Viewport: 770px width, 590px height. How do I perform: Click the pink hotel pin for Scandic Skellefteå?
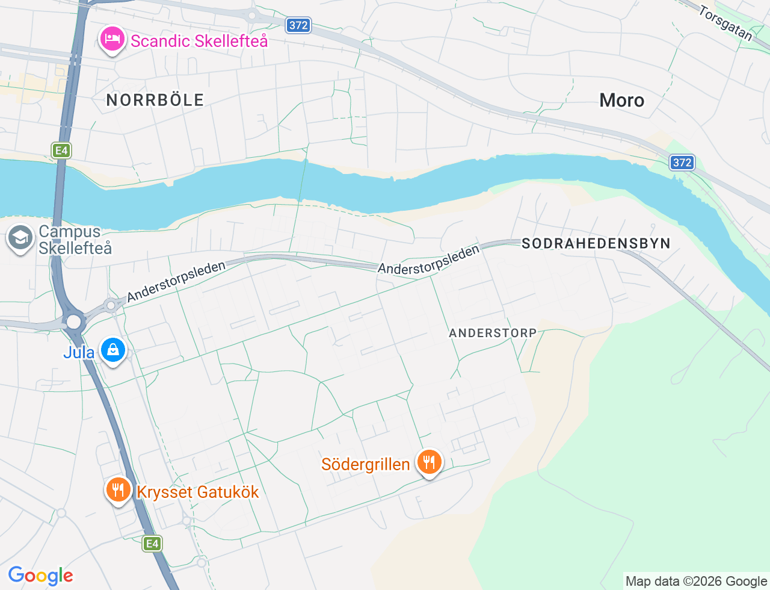coord(111,40)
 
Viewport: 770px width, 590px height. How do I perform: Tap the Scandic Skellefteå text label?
coord(199,41)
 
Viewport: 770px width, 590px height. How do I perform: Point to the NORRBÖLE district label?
coord(155,100)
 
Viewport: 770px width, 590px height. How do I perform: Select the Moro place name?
coord(621,100)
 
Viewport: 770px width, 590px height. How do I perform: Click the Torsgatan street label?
coord(726,23)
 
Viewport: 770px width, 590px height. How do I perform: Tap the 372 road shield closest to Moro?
coord(682,163)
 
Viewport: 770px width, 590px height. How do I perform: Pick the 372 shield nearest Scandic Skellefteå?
coord(298,25)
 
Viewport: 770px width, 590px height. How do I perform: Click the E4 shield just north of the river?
coord(61,151)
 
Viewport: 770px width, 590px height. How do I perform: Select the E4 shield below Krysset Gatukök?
coord(152,544)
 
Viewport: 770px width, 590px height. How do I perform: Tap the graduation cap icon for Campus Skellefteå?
coord(20,238)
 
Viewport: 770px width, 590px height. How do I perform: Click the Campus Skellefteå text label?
coord(75,240)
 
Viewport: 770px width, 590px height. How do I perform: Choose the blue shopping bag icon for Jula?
coord(112,350)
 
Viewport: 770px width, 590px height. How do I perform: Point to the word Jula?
coord(79,352)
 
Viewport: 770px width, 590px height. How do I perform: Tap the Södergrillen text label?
coord(365,464)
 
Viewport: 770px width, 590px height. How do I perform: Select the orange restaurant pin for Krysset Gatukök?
coord(119,489)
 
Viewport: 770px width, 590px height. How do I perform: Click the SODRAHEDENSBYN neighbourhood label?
coord(596,243)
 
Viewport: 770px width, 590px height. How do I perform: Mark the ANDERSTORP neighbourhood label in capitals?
coord(493,333)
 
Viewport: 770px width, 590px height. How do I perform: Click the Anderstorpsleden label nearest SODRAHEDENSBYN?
coord(428,260)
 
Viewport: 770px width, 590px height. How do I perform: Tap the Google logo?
coord(40,576)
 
